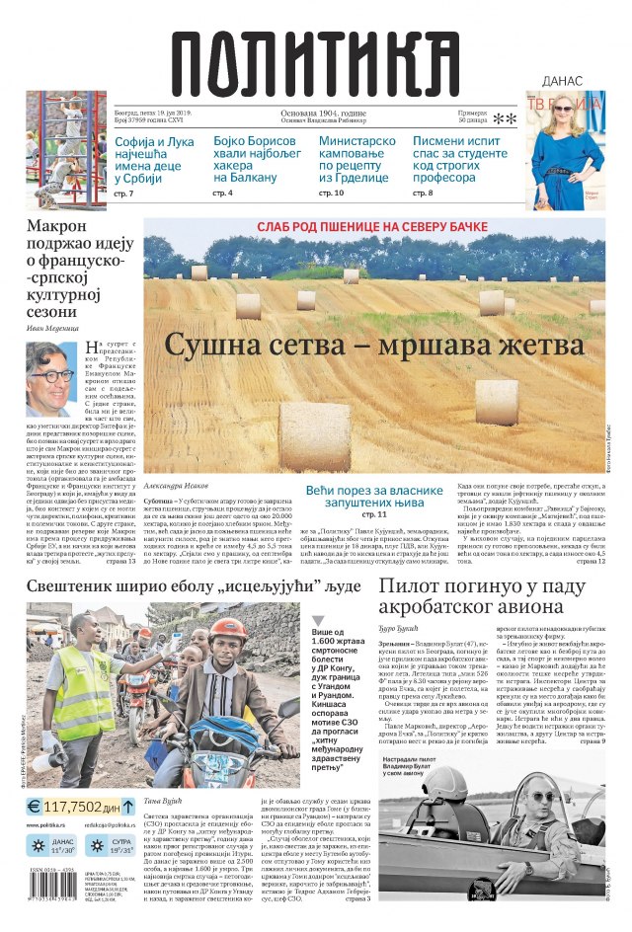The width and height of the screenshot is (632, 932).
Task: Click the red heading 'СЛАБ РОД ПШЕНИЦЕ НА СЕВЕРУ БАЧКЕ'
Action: (372, 227)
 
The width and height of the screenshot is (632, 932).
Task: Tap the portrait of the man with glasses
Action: (51, 379)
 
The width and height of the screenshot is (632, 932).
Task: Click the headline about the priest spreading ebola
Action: (193, 585)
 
